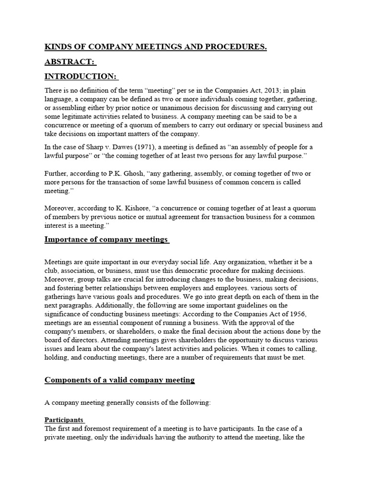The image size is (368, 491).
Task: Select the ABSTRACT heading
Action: coord(69,62)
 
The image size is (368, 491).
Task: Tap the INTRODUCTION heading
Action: coord(80,77)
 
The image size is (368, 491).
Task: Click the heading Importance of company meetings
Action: coord(106,239)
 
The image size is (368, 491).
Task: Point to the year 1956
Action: coord(296,314)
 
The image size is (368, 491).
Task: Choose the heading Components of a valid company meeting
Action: coord(119,380)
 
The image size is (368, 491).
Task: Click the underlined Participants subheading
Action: coord(64,419)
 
